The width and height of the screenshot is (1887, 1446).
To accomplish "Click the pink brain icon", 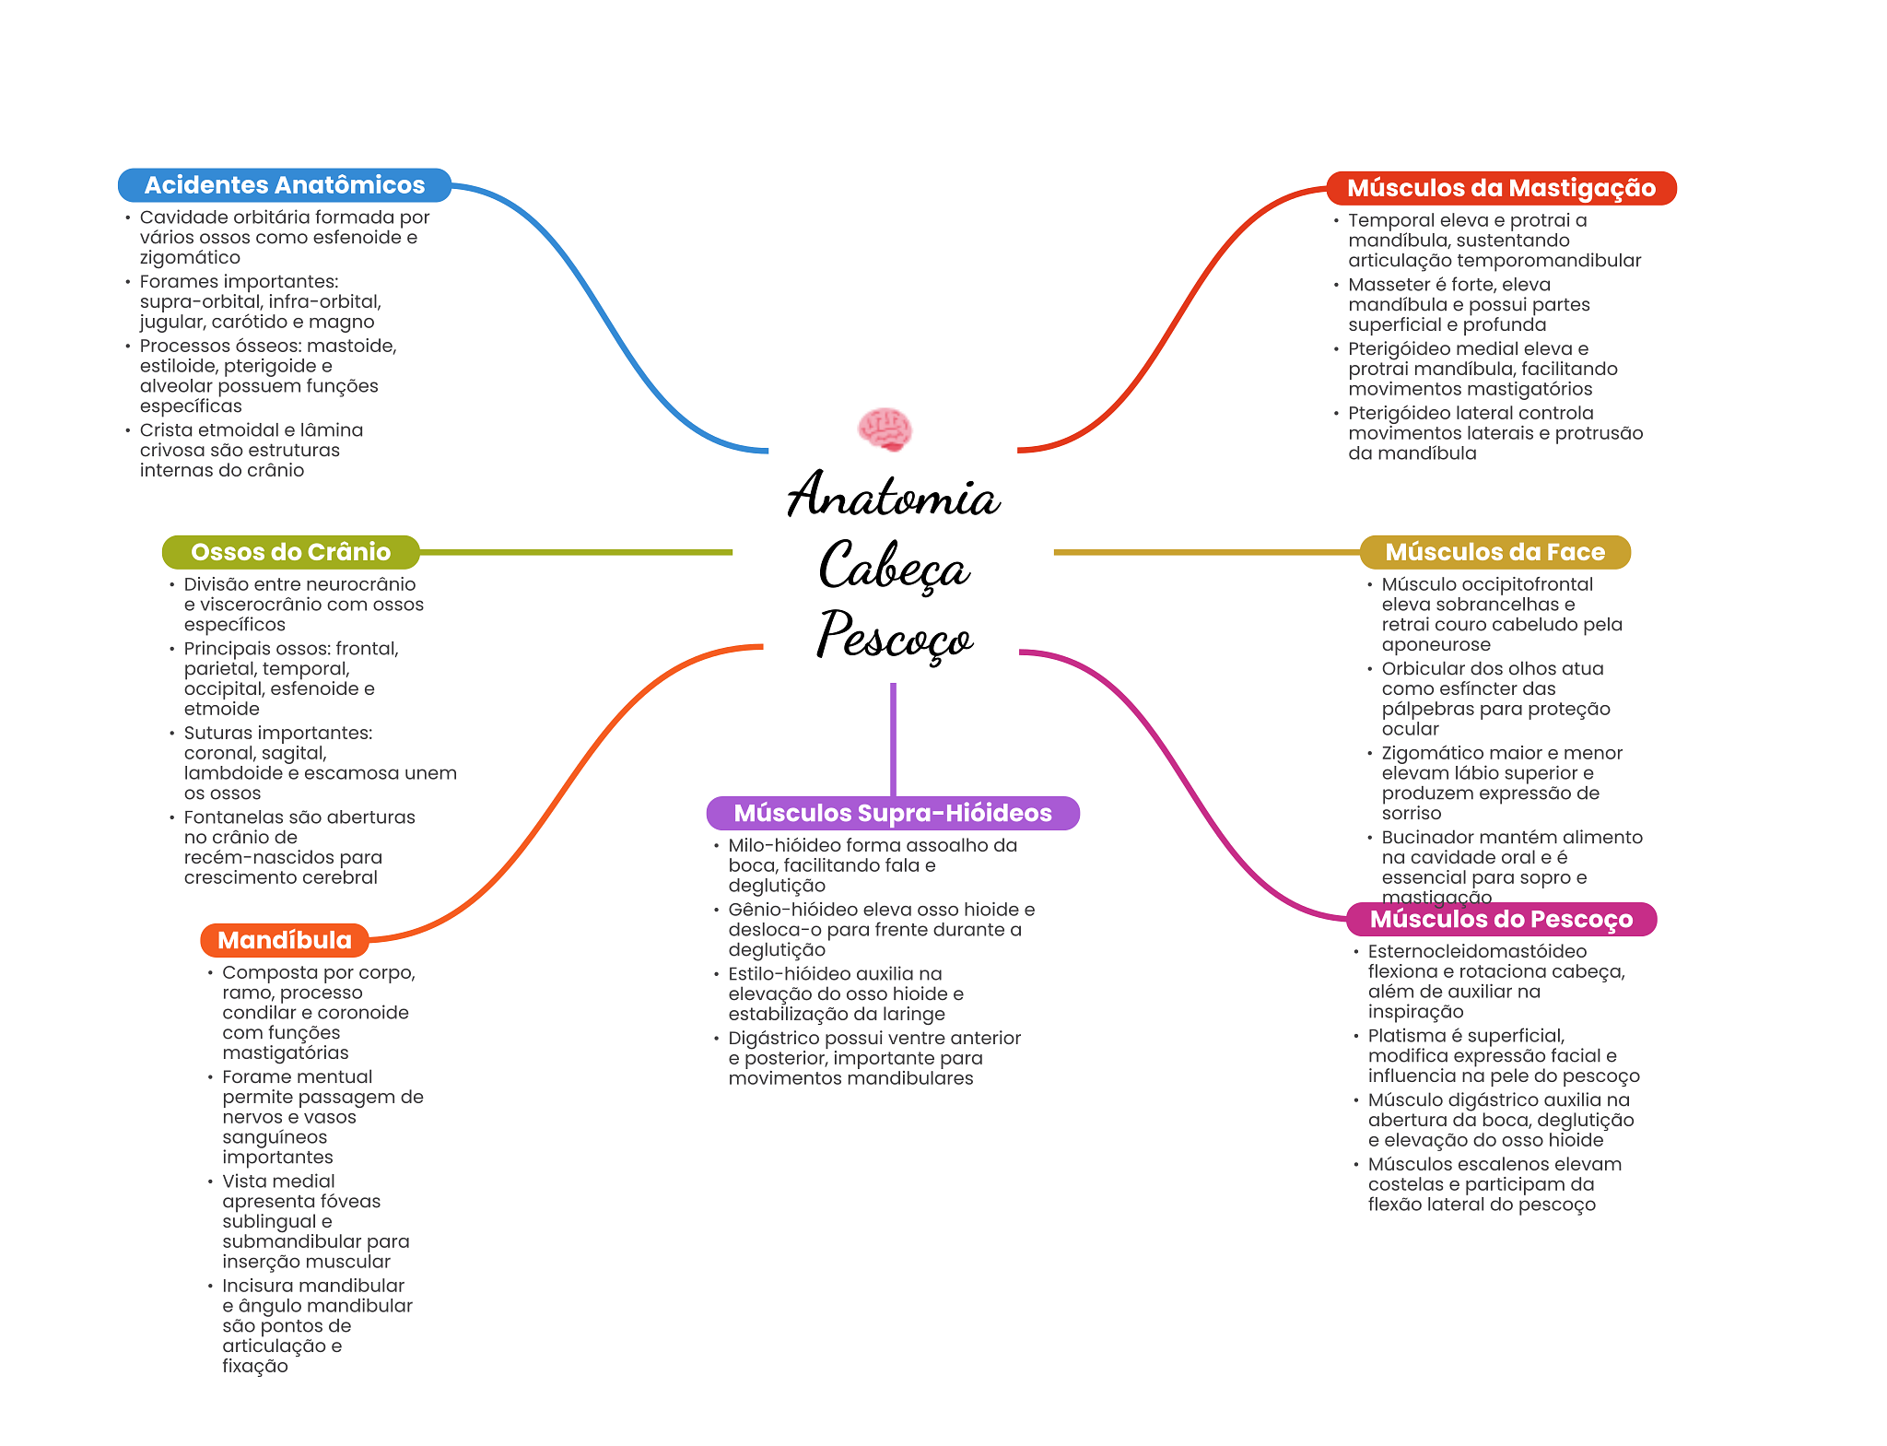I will tap(885, 429).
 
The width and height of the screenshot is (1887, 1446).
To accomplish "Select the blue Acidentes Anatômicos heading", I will tap(284, 185).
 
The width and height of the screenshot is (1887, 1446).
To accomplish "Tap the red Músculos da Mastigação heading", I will tap(1500, 188).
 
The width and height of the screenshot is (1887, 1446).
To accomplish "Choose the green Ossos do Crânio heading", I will tap(290, 552).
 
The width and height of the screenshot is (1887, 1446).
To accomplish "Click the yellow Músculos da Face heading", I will tap(1494, 552).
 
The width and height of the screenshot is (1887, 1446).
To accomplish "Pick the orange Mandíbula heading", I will tap(284, 940).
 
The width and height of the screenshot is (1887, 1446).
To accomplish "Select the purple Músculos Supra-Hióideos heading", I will tap(892, 813).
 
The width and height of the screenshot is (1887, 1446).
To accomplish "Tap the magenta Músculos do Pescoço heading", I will tap(1500, 919).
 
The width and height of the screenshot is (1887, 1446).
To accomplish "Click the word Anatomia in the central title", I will tap(893, 495).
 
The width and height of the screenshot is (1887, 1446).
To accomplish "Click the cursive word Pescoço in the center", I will tap(893, 636).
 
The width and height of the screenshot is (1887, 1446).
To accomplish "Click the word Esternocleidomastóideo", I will tap(1477, 951).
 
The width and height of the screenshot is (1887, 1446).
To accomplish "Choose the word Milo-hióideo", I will tap(783, 845).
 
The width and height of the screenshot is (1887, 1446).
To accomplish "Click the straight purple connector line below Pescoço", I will tap(893, 737).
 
